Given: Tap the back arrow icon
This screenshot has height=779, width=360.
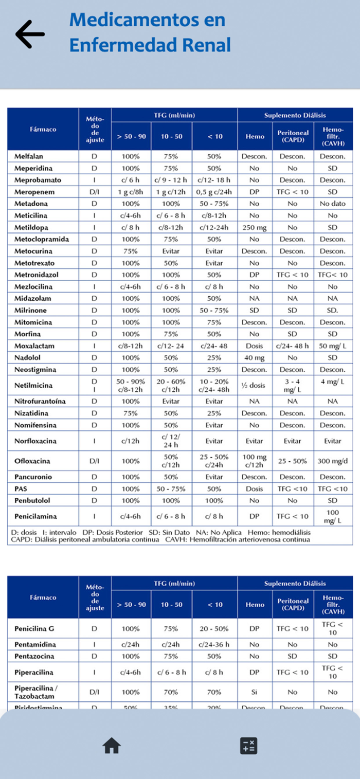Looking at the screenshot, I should (x=30, y=34).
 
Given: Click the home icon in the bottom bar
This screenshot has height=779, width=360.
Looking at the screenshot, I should (x=112, y=745).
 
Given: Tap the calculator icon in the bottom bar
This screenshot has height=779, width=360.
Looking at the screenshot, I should (x=248, y=746).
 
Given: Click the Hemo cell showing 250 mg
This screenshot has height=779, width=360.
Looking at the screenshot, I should (x=254, y=227).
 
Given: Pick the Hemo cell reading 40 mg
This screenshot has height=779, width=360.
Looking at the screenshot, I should (x=254, y=357).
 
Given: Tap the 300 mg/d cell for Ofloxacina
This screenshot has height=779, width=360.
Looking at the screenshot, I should (x=333, y=461).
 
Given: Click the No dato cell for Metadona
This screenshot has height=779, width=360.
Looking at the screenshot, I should (x=333, y=204).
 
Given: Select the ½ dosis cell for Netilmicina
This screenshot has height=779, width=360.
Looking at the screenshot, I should (x=254, y=385).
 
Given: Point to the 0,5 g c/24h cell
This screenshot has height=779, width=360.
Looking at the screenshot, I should (x=214, y=192).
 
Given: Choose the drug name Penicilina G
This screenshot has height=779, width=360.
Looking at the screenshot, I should (x=33, y=628).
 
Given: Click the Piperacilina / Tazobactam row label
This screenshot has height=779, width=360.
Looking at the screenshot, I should (x=37, y=692).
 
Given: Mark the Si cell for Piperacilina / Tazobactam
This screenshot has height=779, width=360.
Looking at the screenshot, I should (x=254, y=692).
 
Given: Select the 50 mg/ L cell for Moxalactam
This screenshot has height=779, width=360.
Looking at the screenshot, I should (x=333, y=346).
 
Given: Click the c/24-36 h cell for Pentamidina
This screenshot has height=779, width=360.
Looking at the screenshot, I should (x=214, y=644).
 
